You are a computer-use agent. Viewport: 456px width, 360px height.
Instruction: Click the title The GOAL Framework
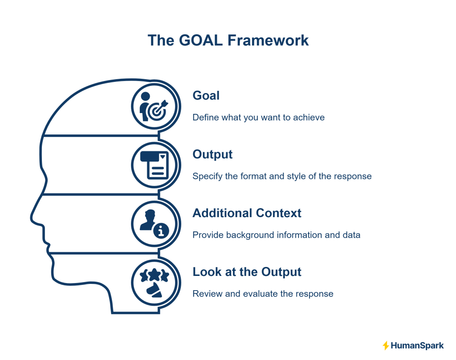[228, 40]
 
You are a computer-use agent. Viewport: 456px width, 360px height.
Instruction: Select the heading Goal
[206, 95]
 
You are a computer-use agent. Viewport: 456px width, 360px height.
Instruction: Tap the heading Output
[212, 154]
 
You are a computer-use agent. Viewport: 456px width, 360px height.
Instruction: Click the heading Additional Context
[247, 213]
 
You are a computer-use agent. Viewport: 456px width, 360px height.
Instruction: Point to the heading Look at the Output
[247, 271]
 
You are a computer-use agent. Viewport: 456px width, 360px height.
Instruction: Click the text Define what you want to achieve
[258, 117]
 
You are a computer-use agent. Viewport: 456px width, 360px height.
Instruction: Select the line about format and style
[282, 176]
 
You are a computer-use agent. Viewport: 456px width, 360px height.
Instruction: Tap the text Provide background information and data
[276, 235]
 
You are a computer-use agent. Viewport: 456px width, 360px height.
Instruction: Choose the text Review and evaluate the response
[263, 294]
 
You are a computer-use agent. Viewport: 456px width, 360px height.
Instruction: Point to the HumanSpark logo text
[417, 345]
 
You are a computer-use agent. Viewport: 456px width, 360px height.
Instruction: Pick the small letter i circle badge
[161, 230]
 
